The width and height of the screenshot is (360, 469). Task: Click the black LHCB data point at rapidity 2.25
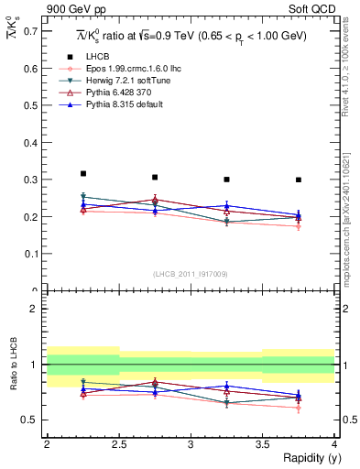(x=82, y=173)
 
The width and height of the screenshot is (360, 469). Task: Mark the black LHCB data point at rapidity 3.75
(x=299, y=180)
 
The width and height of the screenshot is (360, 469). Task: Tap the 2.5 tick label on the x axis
(x=118, y=444)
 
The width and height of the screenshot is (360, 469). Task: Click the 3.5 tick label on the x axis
(x=262, y=444)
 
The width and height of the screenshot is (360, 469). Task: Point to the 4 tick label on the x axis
(x=334, y=444)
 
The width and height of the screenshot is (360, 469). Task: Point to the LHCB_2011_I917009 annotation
(x=191, y=274)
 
